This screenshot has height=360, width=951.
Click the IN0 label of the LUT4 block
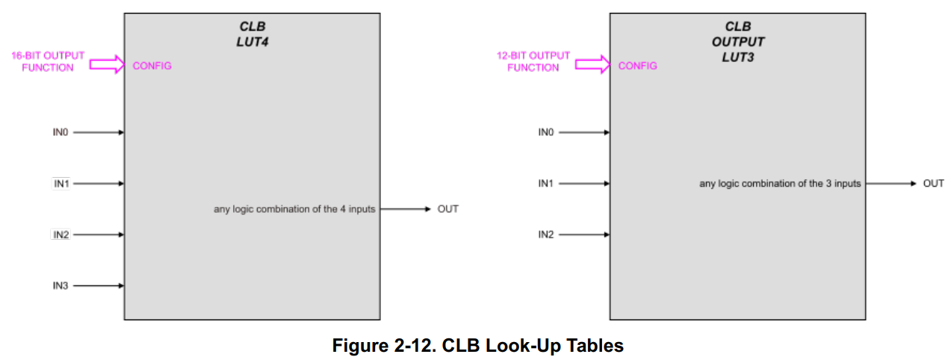61,132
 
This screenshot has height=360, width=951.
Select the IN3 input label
61,285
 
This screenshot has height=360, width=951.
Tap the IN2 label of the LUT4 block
61,235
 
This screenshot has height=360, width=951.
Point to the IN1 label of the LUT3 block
546,183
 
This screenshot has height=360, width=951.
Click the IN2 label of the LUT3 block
546,235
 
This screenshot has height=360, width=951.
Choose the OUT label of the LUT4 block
447,209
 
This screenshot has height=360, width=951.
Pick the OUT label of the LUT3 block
933,183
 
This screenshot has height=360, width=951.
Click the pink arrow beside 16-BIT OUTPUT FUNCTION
106,65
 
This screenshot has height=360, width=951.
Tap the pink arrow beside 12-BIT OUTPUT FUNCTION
592,65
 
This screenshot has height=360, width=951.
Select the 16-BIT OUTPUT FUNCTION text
48,61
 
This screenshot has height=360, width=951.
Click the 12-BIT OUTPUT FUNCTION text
533,61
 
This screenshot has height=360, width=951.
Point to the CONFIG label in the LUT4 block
152,66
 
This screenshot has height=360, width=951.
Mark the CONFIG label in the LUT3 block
637,66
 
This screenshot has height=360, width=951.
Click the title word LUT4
253,42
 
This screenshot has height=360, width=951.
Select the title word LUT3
738,57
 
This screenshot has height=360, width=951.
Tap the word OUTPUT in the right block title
738,42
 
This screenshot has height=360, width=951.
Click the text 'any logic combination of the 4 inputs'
294,209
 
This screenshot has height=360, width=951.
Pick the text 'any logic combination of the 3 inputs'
780,183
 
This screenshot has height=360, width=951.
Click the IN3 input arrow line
98,285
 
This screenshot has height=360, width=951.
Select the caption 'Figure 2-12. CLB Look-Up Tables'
477,346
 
